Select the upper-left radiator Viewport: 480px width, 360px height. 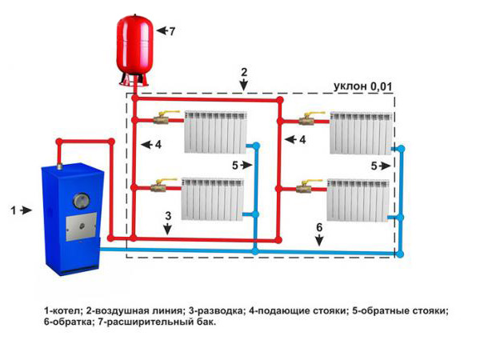pos(214,131)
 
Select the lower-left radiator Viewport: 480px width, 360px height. pos(213,198)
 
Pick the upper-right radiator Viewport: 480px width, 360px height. pos(361,131)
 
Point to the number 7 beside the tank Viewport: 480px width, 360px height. pos(170,30)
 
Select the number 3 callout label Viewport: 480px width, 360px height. pos(168,216)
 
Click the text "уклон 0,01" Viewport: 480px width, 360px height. pos(362,86)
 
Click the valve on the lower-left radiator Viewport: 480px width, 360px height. pos(163,189)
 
